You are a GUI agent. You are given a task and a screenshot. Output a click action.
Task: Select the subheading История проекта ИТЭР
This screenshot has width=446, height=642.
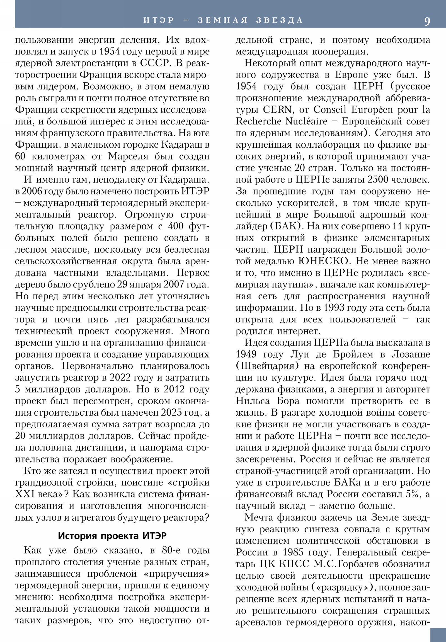112,536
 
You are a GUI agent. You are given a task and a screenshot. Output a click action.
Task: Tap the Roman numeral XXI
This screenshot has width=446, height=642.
25,494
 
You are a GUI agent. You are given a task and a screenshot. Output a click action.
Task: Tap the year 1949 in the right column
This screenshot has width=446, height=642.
246,354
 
